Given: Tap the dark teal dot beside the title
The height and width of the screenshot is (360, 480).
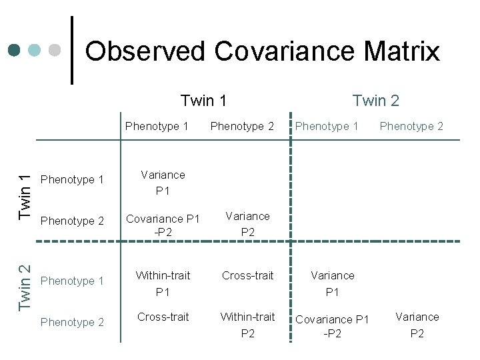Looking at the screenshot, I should [x=15, y=50].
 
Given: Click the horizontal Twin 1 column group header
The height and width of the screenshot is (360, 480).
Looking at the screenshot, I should [x=203, y=101].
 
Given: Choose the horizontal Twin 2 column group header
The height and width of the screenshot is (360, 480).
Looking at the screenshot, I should [x=375, y=101].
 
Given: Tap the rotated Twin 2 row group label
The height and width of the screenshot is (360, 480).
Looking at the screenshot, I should [x=25, y=287].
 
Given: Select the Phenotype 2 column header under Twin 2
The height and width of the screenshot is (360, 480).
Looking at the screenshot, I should [x=411, y=126].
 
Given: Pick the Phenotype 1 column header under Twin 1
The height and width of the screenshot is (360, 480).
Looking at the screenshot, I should [x=157, y=126].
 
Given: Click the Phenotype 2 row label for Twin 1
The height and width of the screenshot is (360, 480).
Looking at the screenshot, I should [x=72, y=221].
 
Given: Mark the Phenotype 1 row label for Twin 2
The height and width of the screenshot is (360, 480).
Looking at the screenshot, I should [x=72, y=281].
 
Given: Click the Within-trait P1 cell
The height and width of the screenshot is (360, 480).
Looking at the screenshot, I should [x=163, y=283].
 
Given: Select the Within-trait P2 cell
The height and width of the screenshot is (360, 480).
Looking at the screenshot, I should [x=247, y=325].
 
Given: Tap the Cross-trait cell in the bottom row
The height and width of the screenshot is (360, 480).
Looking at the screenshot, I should [x=163, y=317].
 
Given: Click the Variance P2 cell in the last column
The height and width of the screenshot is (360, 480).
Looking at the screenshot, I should [x=417, y=325].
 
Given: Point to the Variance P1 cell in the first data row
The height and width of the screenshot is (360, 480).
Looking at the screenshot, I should [x=163, y=183].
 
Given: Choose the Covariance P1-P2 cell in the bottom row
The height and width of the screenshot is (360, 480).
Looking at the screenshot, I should [x=332, y=326].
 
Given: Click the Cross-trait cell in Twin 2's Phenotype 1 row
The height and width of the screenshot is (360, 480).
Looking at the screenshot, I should [x=247, y=275].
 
